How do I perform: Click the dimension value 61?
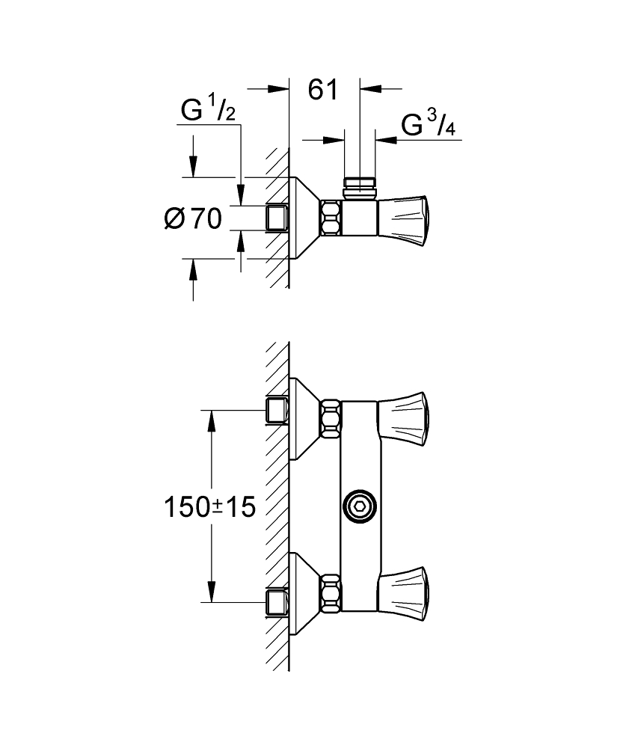point(323,90)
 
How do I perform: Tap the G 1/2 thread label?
point(208,110)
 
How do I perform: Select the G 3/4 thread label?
point(428,124)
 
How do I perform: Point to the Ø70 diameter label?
point(193,219)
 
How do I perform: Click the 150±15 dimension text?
point(210,506)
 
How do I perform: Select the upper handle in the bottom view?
point(404,419)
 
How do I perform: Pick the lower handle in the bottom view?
point(404,593)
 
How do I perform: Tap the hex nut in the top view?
point(331,218)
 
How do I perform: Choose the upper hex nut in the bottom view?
point(331,418)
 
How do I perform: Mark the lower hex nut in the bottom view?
point(331,593)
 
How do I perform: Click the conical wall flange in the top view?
point(304,218)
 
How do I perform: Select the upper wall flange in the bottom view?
point(304,419)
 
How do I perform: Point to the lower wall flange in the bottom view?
point(304,593)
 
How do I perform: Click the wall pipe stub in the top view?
point(277,218)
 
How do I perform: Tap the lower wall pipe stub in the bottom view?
point(277,602)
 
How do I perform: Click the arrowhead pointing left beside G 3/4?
point(387,141)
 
